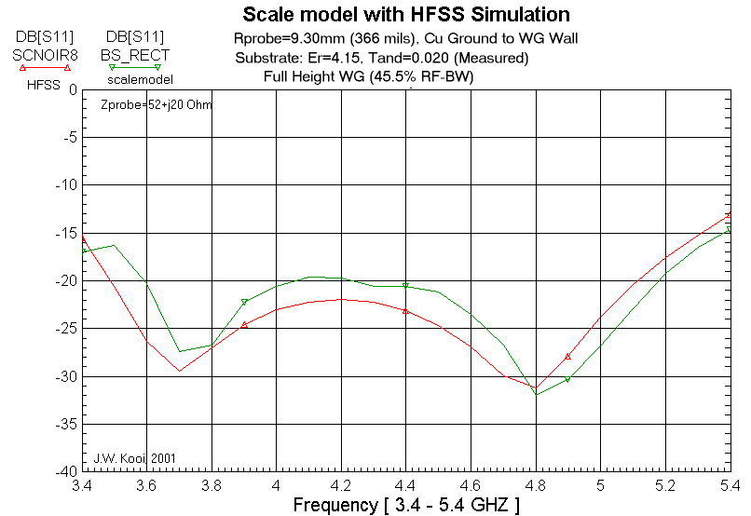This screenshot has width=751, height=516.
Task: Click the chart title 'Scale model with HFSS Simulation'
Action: [x=406, y=15]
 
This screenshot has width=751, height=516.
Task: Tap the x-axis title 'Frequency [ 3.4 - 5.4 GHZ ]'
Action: [x=406, y=505]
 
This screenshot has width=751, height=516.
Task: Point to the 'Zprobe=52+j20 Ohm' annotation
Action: [x=157, y=105]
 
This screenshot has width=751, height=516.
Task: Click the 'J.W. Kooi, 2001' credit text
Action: [x=134, y=458]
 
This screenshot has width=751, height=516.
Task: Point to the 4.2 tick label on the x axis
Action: [x=341, y=486]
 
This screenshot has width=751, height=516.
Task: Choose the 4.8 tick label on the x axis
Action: [x=536, y=486]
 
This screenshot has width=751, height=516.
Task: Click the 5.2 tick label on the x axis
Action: [x=665, y=486]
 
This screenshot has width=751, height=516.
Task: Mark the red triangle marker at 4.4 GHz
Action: [x=406, y=310]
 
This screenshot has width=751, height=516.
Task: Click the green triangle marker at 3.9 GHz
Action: [x=244, y=302]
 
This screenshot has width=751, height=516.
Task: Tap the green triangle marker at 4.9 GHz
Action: [x=567, y=379]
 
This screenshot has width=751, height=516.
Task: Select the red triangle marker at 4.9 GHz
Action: [x=567, y=357]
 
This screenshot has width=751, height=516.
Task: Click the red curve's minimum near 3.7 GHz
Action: [x=180, y=371]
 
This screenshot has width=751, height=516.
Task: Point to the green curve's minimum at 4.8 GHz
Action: [x=536, y=394]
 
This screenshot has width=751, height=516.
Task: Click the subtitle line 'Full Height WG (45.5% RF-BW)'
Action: [x=369, y=76]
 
